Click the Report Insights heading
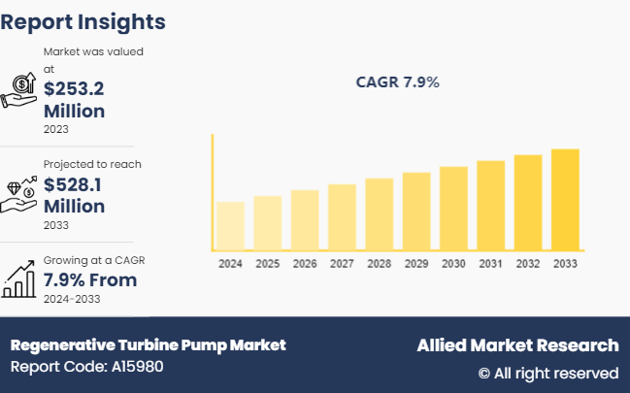[83, 21]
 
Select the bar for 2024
[230, 226]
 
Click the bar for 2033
[565, 200]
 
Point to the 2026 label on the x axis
[305, 264]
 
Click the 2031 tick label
[490, 264]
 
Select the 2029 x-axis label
[415, 264]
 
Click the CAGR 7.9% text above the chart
[398, 82]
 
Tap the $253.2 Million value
[74, 99]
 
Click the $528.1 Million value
[74, 194]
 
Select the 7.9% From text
[90, 280]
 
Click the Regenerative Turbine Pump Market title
[148, 345]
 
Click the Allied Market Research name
[516, 345]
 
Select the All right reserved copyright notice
[547, 373]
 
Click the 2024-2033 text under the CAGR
[72, 299]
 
